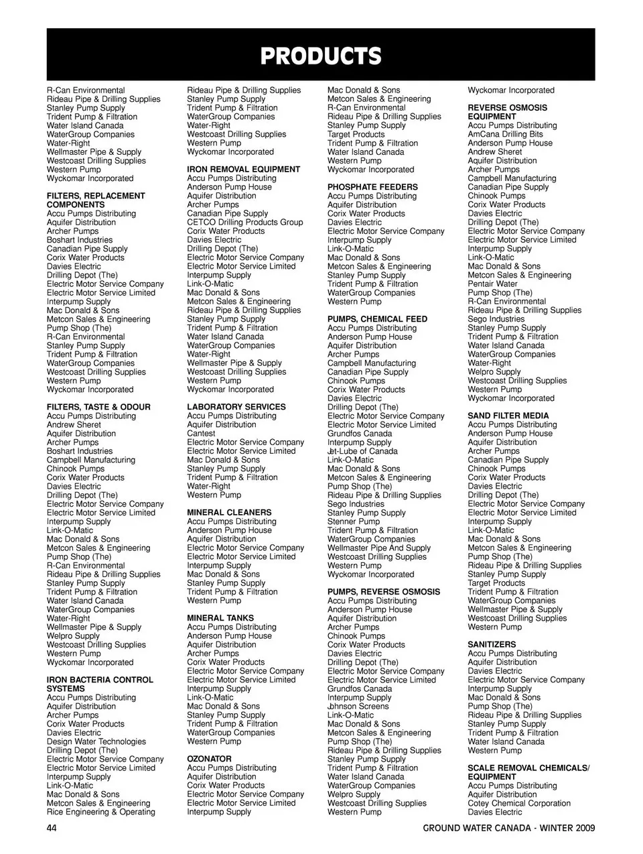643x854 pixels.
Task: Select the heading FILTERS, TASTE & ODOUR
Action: click(98, 407)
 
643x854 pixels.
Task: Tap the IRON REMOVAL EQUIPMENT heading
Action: click(243, 170)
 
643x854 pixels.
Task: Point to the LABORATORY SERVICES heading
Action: click(236, 407)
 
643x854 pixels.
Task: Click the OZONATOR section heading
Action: click(209, 759)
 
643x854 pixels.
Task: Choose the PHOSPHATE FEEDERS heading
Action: click(372, 187)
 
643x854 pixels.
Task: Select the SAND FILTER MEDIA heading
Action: click(508, 416)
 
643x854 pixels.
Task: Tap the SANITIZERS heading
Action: click(492, 644)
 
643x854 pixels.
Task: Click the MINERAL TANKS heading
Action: click(220, 618)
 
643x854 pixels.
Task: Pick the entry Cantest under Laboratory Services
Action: click(201, 434)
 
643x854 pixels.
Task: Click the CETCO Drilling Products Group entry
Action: click(244, 223)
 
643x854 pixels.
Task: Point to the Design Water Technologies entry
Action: click(96, 741)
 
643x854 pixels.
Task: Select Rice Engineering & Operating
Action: click(100, 812)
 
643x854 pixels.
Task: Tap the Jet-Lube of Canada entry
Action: click(362, 451)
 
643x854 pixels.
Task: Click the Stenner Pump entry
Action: click(354, 522)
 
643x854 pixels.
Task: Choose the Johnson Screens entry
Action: click(358, 706)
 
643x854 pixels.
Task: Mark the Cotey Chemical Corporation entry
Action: click(519, 803)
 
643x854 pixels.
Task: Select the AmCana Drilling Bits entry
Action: click(505, 134)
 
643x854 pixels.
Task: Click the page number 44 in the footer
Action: click(52, 828)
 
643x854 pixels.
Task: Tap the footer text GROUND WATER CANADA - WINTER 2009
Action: click(508, 828)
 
